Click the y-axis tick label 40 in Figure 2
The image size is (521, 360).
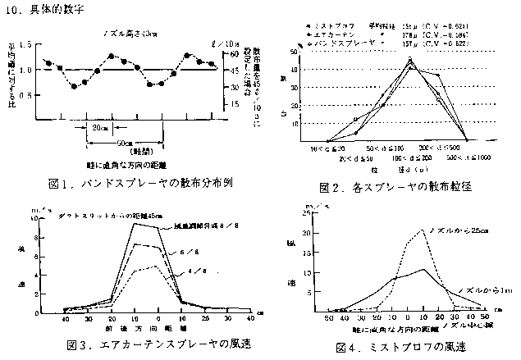tap(293, 70)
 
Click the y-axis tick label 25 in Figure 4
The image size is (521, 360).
tap(305, 212)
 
